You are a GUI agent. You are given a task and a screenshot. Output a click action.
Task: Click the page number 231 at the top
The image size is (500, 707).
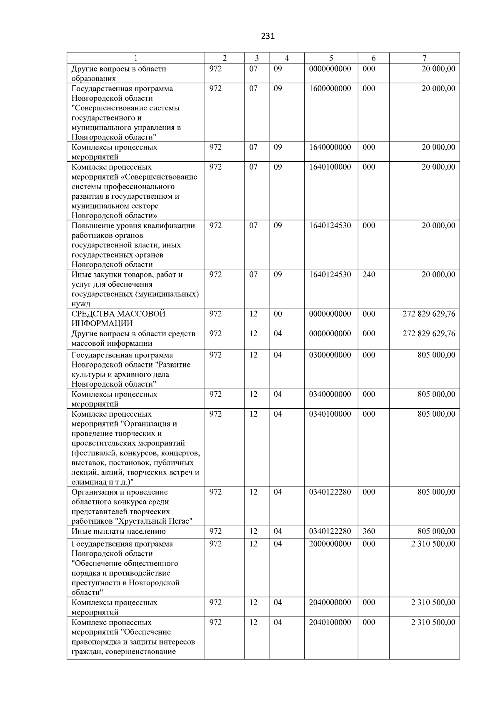(267, 36)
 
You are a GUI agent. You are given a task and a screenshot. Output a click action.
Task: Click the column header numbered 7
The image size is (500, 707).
(424, 58)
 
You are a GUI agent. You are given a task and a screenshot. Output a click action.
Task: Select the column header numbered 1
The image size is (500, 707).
(136, 58)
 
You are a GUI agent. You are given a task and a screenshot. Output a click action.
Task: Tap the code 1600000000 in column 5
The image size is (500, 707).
(330, 88)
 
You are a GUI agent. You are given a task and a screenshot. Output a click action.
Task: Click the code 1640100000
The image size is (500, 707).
(330, 167)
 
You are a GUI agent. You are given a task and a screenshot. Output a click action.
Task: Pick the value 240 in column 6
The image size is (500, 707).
(369, 275)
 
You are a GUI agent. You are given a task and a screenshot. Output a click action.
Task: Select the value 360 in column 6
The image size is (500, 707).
(369, 532)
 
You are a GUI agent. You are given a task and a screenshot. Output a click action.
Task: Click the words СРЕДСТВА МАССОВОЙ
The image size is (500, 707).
(118, 314)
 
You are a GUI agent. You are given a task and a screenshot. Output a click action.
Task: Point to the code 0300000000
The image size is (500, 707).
(330, 355)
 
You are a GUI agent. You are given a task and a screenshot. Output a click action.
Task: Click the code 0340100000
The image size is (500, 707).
(330, 414)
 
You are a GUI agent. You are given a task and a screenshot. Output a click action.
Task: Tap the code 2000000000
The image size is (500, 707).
(330, 544)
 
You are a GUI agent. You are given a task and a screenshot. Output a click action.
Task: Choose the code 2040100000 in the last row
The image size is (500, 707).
(330, 622)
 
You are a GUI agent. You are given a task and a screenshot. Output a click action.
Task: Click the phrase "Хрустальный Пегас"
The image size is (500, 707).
(156, 522)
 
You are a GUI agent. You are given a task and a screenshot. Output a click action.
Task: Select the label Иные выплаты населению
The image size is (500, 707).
(118, 532)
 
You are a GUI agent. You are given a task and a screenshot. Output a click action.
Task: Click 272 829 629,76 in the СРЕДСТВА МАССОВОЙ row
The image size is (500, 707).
(429, 314)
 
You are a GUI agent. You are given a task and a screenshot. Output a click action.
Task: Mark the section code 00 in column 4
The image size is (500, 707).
(277, 314)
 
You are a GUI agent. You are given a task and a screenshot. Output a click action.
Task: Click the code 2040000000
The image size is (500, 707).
(330, 603)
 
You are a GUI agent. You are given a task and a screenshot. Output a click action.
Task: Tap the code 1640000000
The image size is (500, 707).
(330, 147)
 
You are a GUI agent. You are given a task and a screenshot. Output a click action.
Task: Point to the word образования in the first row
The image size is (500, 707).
(93, 78)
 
